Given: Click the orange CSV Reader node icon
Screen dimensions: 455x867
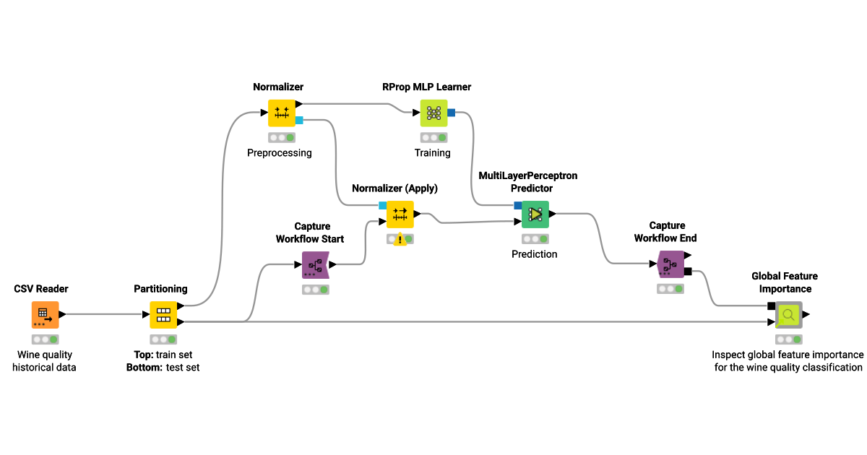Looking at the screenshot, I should tap(45, 315).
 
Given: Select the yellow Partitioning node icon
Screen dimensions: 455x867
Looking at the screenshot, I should tap(163, 315).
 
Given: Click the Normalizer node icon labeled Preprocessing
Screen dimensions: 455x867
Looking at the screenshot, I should tap(282, 113).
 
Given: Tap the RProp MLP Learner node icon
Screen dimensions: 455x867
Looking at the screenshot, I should tap(433, 113).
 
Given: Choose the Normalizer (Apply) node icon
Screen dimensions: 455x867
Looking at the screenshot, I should tap(400, 214).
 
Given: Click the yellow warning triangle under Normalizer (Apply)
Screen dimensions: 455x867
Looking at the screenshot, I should tap(400, 239).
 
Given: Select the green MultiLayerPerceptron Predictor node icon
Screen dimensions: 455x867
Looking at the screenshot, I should tap(535, 214).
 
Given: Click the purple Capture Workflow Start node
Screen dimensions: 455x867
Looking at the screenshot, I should tap(315, 265).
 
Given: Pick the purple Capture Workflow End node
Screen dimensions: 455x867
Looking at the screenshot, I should tap(670, 265).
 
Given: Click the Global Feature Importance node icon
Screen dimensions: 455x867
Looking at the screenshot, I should tap(788, 315).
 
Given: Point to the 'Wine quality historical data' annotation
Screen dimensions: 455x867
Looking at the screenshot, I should tap(46, 361).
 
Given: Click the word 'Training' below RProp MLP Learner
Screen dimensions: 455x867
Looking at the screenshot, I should tap(432, 153).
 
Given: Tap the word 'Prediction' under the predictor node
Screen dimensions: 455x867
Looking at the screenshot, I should tap(535, 254).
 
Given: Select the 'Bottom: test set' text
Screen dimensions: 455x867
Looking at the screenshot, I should tap(163, 368).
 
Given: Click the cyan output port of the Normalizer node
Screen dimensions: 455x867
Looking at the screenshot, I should tap(299, 120).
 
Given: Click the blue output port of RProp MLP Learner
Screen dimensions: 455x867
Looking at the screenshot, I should tap(451, 113).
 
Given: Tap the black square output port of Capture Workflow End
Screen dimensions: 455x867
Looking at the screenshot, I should tap(688, 272).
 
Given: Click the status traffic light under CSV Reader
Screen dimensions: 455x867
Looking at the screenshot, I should tap(45, 339).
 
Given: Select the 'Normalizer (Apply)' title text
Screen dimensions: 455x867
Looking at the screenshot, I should tap(394, 188).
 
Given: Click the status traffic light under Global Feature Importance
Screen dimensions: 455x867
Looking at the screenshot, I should tap(788, 339).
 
